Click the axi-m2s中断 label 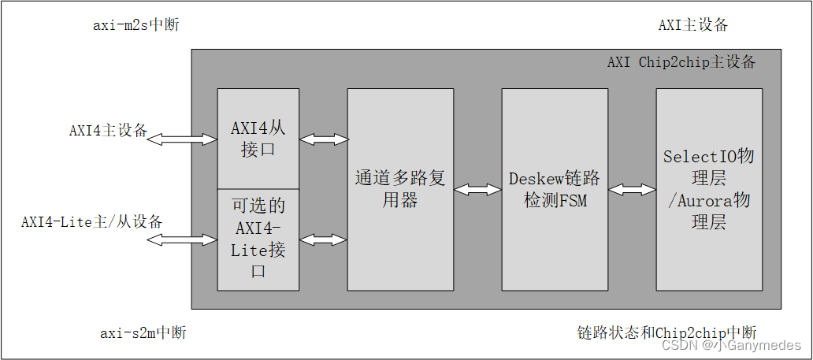135,24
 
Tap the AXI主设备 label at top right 692,24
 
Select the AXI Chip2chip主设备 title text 681,61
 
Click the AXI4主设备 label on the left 108,131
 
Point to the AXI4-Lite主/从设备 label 91,221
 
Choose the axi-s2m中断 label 143,332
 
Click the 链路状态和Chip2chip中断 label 666,332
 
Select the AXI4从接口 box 258,139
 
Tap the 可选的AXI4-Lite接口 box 258,239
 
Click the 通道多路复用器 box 399,189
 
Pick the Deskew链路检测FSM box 554,189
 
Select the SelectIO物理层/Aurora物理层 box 708,189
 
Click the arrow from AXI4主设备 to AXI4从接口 182,139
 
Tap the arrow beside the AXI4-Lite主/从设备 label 182,239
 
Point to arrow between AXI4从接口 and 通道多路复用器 323,139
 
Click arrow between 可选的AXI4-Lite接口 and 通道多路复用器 323,239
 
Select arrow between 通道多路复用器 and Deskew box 477,190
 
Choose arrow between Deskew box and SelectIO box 632,190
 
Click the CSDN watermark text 731,345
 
